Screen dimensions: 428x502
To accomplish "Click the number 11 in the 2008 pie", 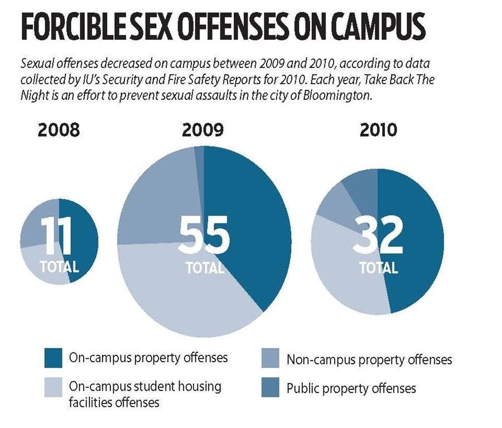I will pyautogui.click(x=57, y=237).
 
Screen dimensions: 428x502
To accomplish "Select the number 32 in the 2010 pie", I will pyautogui.click(x=378, y=235).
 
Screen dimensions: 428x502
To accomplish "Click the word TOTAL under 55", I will pyautogui.click(x=204, y=267).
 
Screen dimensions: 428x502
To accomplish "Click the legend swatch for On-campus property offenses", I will pyautogui.click(x=53, y=358).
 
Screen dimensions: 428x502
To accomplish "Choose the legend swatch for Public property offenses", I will pyautogui.click(x=271, y=388).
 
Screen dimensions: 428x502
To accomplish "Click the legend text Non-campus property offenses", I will pyautogui.click(x=369, y=360).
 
